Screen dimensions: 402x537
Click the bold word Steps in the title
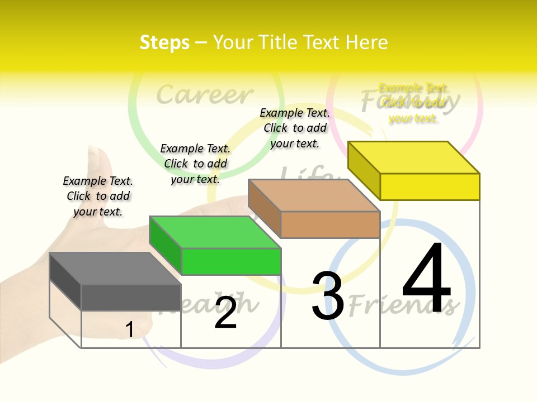164,42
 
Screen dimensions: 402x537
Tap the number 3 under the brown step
328,296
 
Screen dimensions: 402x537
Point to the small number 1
129,329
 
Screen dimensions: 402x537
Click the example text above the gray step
98,196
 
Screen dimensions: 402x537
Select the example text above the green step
195,164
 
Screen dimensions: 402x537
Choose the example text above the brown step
295,128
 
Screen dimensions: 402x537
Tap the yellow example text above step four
413,103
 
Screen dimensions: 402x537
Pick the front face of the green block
231,261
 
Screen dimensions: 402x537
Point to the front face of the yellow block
430,186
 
